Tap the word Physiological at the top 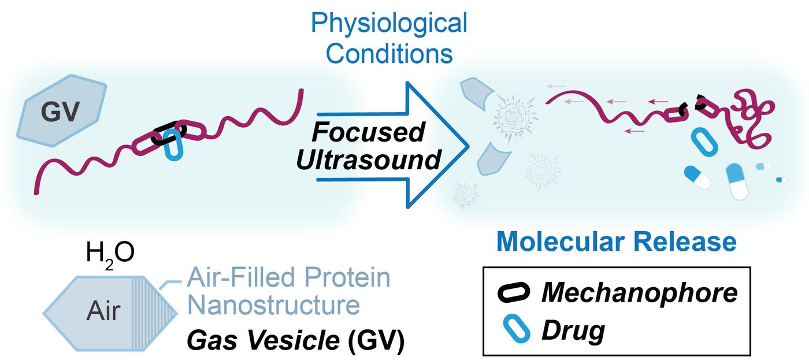tap(389, 24)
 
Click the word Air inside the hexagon tap(102, 311)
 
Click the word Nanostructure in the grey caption tap(273, 305)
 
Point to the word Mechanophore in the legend tap(640, 294)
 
